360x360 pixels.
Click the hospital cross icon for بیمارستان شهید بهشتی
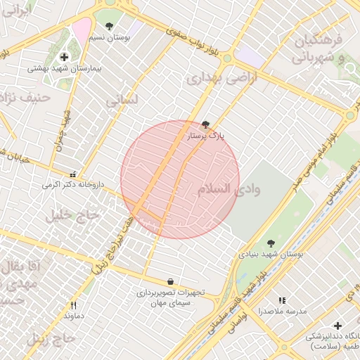click(65, 57)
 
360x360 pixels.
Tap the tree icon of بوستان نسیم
click(108, 27)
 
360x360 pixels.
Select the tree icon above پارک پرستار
click(205, 124)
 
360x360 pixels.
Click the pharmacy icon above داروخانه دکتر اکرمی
click(72, 174)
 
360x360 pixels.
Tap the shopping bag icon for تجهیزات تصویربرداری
click(171, 281)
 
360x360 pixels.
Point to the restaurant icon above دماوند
click(73, 305)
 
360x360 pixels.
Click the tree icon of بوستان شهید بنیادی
click(271, 243)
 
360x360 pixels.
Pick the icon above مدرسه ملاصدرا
click(283, 300)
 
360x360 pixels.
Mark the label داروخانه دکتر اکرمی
click(72, 185)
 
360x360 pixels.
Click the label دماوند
click(73, 316)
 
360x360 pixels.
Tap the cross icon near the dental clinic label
click(338, 326)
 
